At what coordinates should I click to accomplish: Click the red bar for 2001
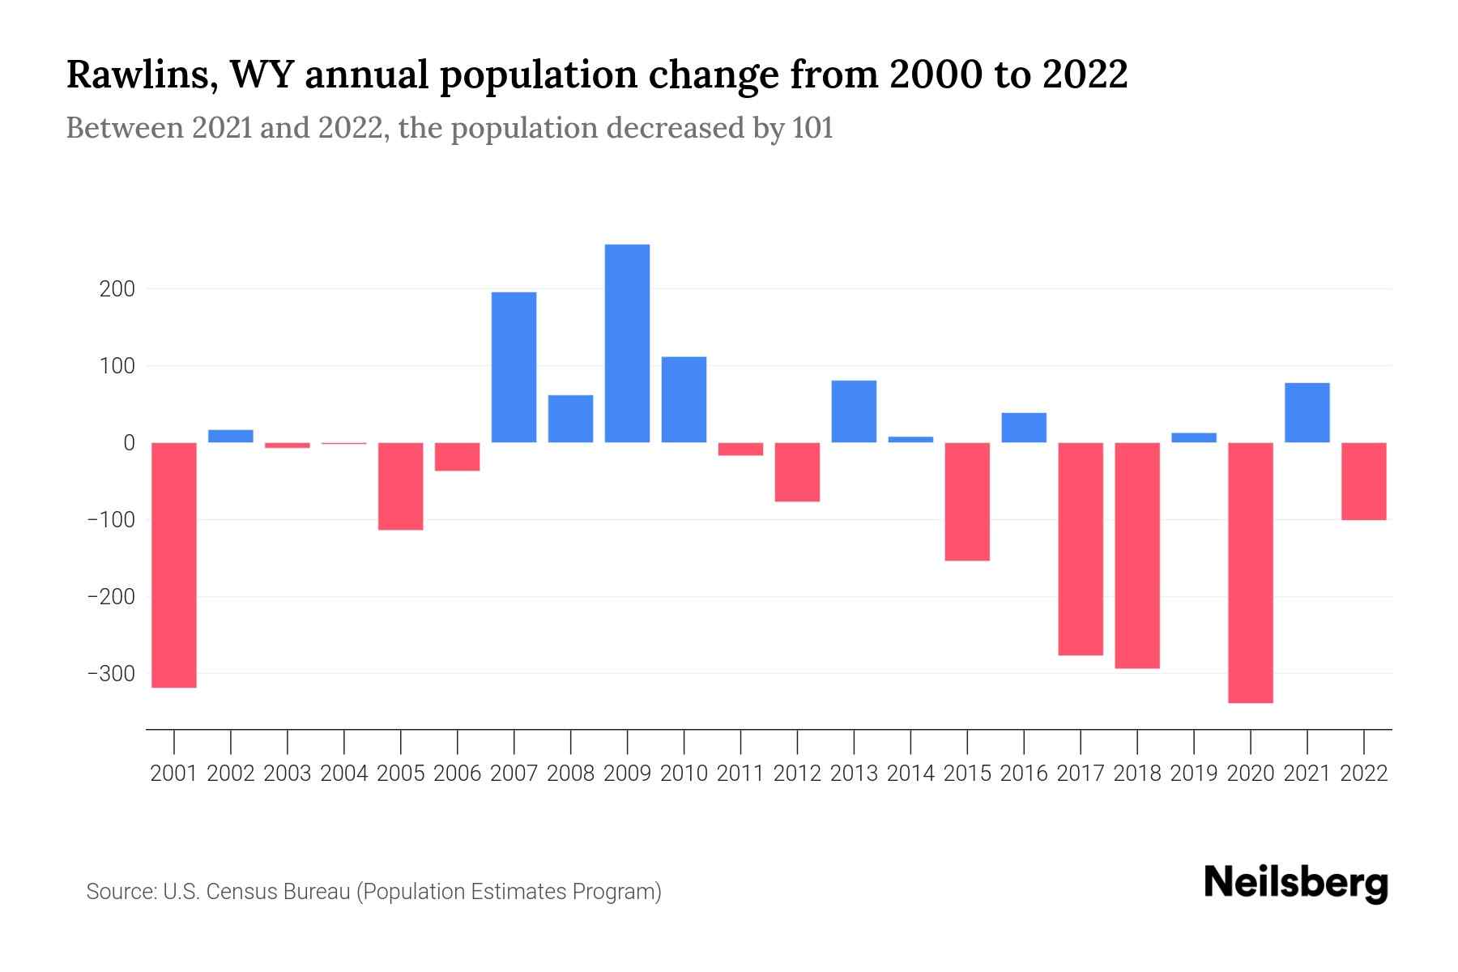pyautogui.click(x=174, y=565)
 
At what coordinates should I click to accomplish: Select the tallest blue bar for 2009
pyautogui.click(x=627, y=343)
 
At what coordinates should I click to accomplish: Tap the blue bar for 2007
pyautogui.click(x=514, y=367)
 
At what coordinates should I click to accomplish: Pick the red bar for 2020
pyautogui.click(x=1250, y=572)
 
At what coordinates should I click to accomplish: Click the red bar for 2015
pyautogui.click(x=967, y=501)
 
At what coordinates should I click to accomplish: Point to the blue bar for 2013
pyautogui.click(x=854, y=411)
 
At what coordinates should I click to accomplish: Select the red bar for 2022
pyautogui.click(x=1363, y=481)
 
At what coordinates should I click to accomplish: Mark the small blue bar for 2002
pyautogui.click(x=231, y=436)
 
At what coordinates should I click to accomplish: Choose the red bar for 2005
pyautogui.click(x=401, y=486)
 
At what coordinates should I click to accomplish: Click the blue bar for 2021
pyautogui.click(x=1307, y=412)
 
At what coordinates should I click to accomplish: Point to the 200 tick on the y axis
pyautogui.click(x=117, y=289)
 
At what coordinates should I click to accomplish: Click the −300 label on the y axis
pyautogui.click(x=111, y=674)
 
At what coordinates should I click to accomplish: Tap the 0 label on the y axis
pyautogui.click(x=129, y=443)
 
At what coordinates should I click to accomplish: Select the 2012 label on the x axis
pyautogui.click(x=797, y=774)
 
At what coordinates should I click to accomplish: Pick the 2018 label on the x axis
pyautogui.click(x=1136, y=774)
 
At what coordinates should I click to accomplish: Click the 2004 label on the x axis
pyautogui.click(x=344, y=774)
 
